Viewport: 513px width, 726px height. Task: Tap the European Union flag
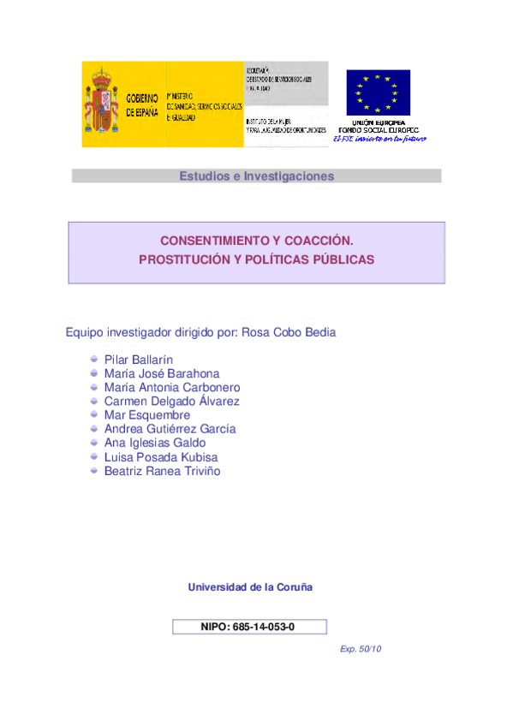coord(378,92)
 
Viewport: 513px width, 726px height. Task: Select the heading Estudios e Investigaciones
coord(256,176)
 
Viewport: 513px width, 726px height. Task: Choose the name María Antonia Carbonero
coord(172,387)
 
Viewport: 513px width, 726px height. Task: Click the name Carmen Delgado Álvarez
coord(171,401)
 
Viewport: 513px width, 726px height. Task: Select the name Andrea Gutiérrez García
coord(170,429)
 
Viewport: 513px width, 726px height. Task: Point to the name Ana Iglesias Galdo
coord(154,443)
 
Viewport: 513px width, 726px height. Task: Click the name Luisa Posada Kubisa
coord(161,457)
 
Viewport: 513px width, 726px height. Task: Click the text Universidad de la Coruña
coord(250,587)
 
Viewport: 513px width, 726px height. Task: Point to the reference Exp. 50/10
coord(361,649)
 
